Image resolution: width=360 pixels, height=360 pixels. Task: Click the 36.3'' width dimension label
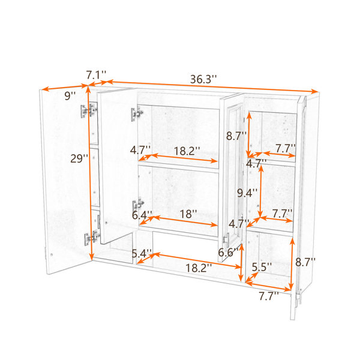203,79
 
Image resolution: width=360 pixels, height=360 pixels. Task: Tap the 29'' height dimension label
79,158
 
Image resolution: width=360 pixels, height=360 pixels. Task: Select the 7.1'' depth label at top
96,75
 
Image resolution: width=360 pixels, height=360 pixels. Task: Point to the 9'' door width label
70,95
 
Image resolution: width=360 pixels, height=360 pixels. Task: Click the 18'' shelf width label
188,214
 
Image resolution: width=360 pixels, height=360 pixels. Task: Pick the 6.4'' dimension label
142,215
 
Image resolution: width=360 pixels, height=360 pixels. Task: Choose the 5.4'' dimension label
142,254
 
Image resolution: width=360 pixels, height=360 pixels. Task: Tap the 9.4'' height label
247,193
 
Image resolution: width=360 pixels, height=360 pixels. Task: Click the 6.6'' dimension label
228,253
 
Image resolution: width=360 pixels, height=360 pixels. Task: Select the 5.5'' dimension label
262,267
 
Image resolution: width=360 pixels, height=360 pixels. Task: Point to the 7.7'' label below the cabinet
269,296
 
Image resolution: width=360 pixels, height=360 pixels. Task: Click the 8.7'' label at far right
305,262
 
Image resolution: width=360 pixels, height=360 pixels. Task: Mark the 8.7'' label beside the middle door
236,136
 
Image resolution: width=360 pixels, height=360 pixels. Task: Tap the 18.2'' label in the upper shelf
187,151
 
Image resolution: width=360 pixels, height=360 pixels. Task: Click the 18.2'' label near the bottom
199,268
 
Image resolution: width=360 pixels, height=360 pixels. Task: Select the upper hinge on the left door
89,110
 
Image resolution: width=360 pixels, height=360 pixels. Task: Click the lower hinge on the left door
92,238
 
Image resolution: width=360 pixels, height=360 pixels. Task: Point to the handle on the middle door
227,240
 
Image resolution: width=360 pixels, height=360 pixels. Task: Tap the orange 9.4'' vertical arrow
260,191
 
